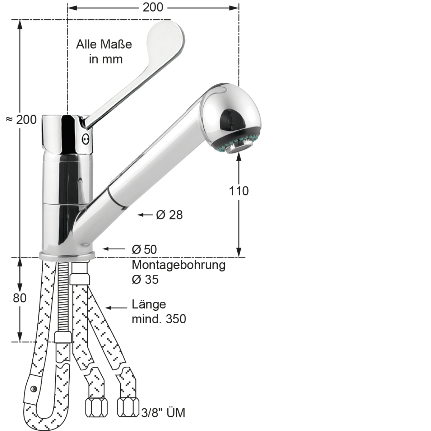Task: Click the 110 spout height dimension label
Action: click(x=238, y=191)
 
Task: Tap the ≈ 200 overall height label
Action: click(x=21, y=120)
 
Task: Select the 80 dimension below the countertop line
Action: click(x=19, y=298)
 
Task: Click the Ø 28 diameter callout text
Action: click(x=169, y=215)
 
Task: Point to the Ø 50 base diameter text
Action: click(x=144, y=249)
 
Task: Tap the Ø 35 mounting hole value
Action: click(x=145, y=279)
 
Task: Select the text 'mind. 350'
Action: click(x=159, y=319)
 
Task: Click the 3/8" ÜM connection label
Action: click(x=163, y=413)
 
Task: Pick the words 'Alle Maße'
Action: click(x=104, y=44)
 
